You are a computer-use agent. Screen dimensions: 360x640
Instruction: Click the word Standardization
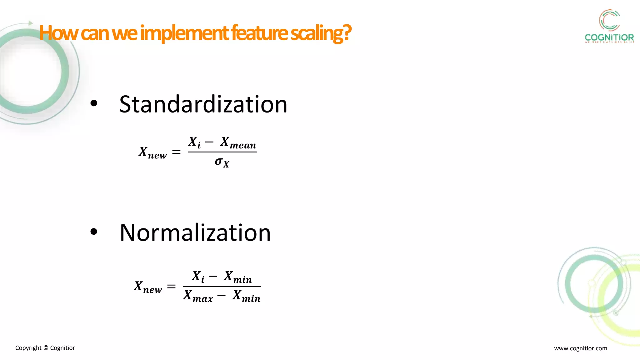203,104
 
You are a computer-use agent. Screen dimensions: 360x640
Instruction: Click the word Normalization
195,233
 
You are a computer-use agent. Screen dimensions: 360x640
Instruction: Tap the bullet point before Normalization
94,232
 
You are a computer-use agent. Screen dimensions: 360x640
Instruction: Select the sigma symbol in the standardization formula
219,162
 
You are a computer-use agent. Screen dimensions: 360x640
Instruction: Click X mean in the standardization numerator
238,143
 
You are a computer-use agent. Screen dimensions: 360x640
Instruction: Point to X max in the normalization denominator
198,296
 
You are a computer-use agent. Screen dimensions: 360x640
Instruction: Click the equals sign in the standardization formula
176,152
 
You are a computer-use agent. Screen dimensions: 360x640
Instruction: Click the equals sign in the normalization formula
171,286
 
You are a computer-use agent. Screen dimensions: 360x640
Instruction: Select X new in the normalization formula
148,287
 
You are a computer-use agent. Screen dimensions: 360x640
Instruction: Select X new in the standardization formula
153,152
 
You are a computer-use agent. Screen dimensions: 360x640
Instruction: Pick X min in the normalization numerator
238,277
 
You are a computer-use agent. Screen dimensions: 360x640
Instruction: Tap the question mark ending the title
347,33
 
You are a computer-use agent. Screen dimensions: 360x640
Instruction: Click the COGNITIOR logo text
609,38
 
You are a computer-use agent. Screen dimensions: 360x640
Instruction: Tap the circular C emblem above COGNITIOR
609,20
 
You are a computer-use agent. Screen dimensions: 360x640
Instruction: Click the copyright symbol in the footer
46,348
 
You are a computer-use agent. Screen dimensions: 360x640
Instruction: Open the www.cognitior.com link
580,348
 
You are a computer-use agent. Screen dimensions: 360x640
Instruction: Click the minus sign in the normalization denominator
221,295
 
